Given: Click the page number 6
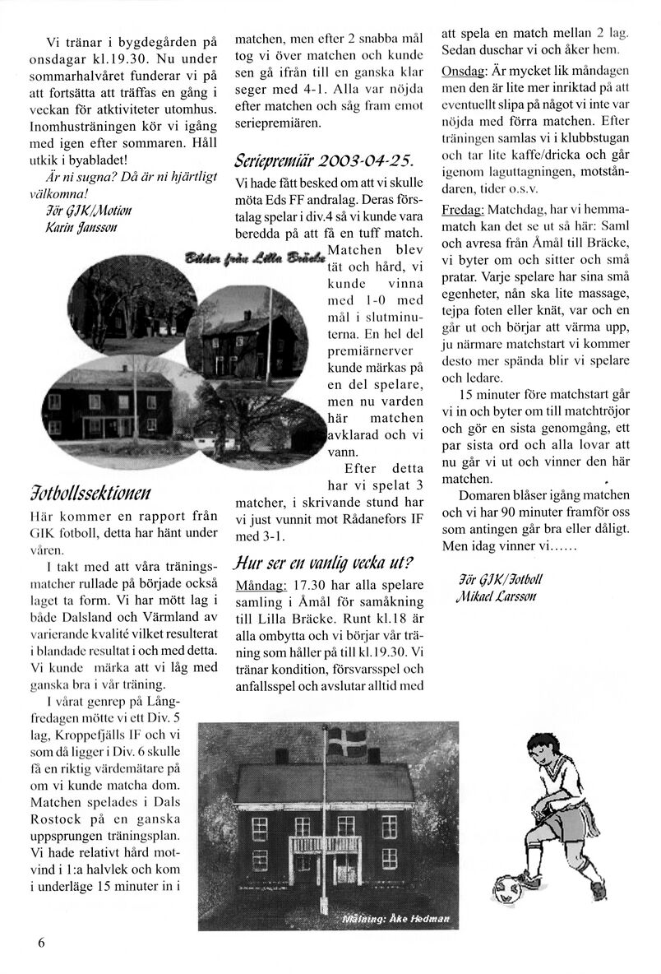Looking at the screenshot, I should point(40,943).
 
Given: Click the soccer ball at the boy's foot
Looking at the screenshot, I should point(514,890).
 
